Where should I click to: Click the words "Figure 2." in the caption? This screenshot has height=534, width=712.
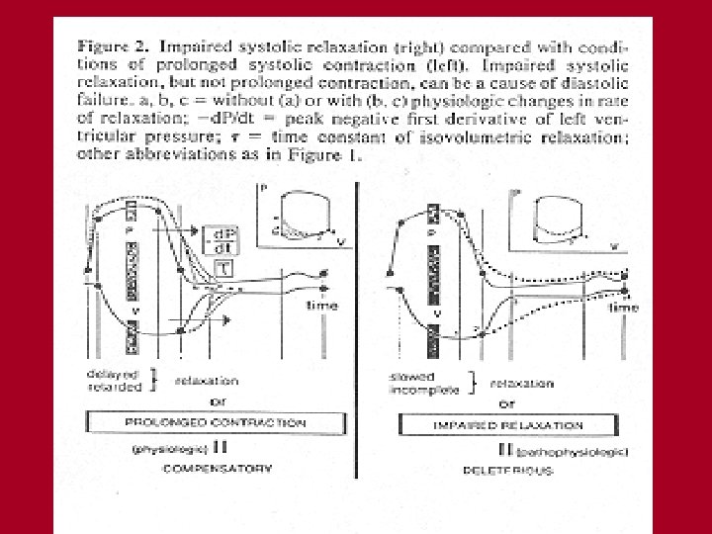coord(114,46)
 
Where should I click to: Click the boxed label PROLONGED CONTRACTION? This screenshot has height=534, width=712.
coord(201,422)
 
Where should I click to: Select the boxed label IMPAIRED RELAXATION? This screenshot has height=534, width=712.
coord(509,425)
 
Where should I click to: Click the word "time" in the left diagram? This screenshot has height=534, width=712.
coord(322,306)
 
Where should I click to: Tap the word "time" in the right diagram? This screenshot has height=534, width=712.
coord(623,309)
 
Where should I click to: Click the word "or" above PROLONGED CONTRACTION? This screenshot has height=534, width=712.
coord(204,401)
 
